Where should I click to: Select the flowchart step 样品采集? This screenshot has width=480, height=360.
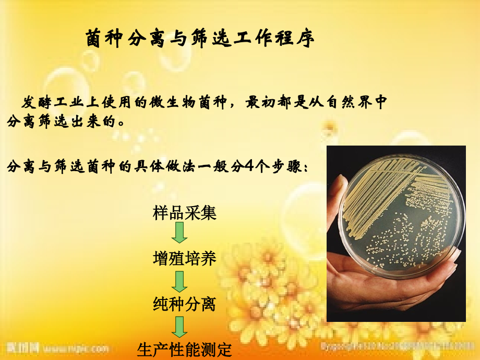[x=185, y=213]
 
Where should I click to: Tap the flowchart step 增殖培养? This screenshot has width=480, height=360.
[x=185, y=258]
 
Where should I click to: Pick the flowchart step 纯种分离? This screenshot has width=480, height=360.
[x=185, y=304]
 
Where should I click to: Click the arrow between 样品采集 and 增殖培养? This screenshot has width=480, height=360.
[x=179, y=233]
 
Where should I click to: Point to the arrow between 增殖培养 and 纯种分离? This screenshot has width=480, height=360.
[x=179, y=281]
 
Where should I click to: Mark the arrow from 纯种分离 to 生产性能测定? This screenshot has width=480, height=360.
[x=179, y=327]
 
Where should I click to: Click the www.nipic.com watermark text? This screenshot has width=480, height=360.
[x=76, y=348]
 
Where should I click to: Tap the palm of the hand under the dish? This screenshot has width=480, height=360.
[x=397, y=292]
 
